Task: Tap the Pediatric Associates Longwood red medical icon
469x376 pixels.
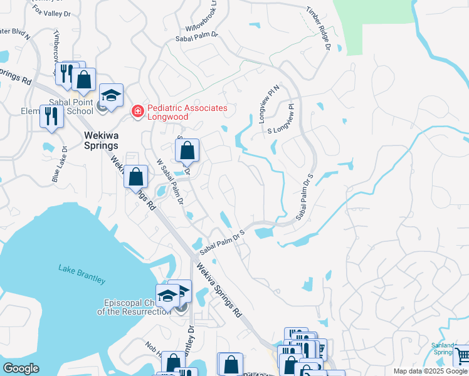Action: pyautogui.click(x=136, y=112)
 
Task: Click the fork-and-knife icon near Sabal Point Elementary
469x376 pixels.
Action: pyautogui.click(x=51, y=115)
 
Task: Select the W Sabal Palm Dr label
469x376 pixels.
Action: pyautogui.click(x=169, y=182)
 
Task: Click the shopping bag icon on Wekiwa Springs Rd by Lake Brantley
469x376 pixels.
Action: pyautogui.click(x=135, y=177)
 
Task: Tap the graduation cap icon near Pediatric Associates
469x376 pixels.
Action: pyautogui.click(x=111, y=96)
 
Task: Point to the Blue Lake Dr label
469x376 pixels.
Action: pyautogui.click(x=60, y=165)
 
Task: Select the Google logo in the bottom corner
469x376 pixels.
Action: pyautogui.click(x=21, y=368)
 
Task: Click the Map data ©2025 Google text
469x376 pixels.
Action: pyautogui.click(x=429, y=371)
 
